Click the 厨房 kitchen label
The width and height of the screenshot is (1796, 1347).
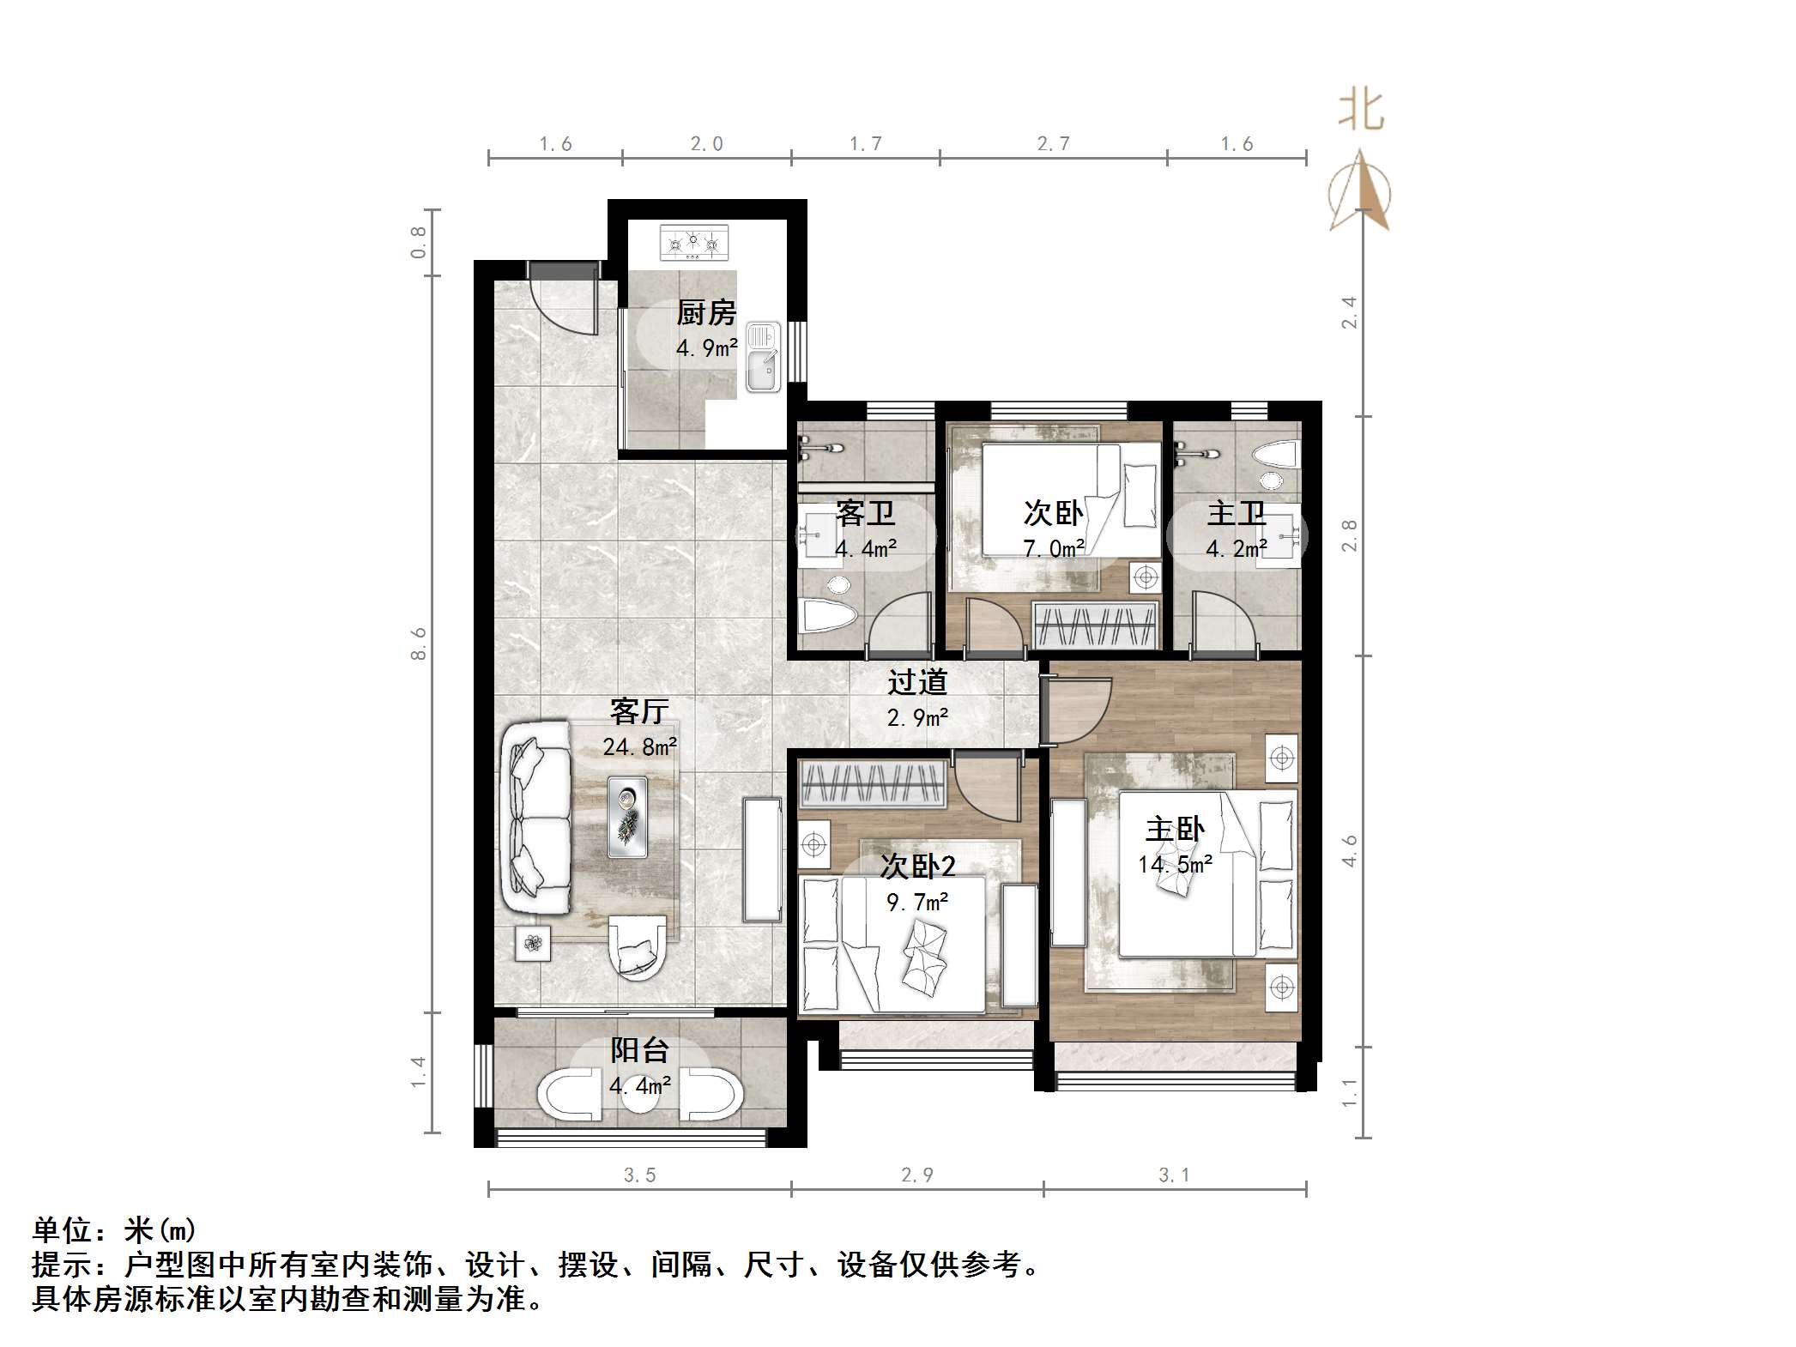click(706, 313)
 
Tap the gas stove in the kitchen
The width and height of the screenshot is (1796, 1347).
click(693, 243)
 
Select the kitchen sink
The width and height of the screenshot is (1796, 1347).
click(762, 358)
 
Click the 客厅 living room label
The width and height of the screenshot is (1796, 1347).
click(639, 711)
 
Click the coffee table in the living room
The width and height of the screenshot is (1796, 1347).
click(627, 817)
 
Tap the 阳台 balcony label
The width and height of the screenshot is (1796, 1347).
click(639, 1050)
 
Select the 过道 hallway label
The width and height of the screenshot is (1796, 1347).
click(917, 682)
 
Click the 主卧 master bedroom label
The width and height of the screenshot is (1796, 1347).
click(1175, 829)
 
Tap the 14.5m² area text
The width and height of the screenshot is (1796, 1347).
click(1175, 864)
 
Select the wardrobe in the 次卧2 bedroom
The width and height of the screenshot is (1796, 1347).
click(873, 783)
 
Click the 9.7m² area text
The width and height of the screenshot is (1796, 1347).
click(917, 902)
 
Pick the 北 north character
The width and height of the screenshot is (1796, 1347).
click(1361, 111)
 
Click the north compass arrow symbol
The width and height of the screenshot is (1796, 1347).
click(1360, 192)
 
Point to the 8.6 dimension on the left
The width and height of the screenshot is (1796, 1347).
click(418, 643)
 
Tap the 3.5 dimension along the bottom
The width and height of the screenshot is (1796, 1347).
click(639, 1175)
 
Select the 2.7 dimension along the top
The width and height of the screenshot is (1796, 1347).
click(1053, 144)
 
